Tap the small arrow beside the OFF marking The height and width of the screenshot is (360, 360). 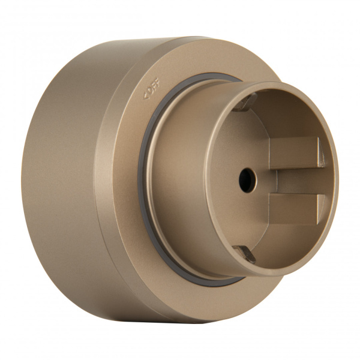coord(143,95)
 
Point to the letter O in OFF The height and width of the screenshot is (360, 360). coord(147,92)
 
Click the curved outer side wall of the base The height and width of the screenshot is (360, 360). coord(60,180)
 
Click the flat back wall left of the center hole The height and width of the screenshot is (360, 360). coord(228,180)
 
